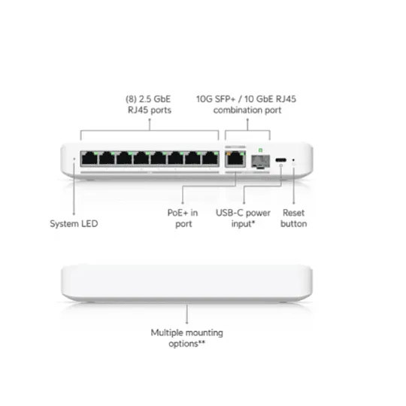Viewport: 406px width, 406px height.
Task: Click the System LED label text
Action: click(74, 224)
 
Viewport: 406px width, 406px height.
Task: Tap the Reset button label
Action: click(294, 218)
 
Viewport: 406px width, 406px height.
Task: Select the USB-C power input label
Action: click(243, 218)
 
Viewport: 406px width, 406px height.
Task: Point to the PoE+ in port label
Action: click(183, 218)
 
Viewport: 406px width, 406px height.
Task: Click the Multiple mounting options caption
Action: click(186, 338)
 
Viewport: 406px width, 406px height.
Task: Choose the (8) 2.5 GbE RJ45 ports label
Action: click(149, 105)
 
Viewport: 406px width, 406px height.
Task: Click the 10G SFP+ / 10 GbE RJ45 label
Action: click(246, 99)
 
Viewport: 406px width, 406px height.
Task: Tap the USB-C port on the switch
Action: click(280, 160)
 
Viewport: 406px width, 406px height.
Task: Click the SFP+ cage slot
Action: click(260, 162)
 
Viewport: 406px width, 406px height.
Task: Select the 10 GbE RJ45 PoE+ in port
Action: click(235, 159)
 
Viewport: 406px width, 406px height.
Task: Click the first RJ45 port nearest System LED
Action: click(89, 159)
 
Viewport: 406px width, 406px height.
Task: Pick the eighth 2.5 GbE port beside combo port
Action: click(210, 159)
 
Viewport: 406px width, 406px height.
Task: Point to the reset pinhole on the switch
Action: click(293, 160)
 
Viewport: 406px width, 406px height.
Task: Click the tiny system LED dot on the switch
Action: click(74, 159)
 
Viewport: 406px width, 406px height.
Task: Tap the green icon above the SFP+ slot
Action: click(260, 150)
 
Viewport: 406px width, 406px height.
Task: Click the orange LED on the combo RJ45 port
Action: click(229, 154)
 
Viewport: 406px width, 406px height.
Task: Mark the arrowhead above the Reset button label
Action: click(294, 203)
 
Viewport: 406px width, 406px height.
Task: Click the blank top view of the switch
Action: click(186, 283)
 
